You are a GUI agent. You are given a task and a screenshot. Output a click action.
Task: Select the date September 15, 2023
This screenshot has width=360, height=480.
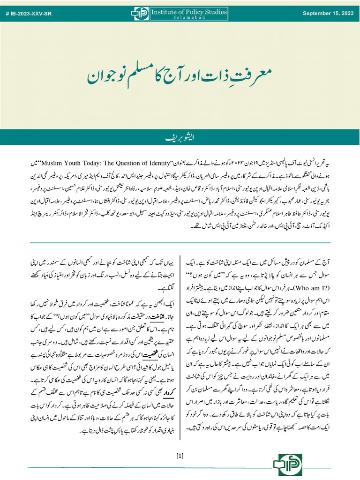click(x=328, y=13)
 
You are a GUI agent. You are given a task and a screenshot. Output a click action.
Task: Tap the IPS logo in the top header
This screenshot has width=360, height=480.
click(x=139, y=14)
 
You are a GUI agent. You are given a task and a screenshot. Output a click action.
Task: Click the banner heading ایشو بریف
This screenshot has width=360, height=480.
click(x=180, y=138)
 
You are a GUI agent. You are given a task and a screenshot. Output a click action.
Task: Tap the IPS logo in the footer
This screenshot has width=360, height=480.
click(x=286, y=465)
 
